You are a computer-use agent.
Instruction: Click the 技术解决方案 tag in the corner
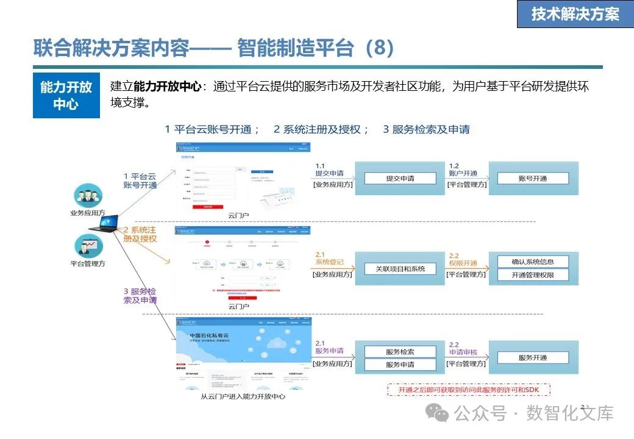click(575, 15)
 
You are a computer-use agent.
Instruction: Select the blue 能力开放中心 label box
click(66, 96)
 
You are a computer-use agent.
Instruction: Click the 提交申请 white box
click(401, 179)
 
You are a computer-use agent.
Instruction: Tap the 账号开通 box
click(533, 179)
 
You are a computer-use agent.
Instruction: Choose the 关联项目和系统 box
click(401, 268)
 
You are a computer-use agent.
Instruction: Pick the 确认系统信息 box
click(533, 262)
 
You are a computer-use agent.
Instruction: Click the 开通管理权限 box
click(533, 275)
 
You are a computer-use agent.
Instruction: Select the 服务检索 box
click(401, 352)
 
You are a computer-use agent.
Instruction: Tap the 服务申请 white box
click(401, 365)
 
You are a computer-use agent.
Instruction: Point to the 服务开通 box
click(533, 358)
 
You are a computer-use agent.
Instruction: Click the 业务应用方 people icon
click(88, 196)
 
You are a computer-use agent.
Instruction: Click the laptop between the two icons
click(103, 226)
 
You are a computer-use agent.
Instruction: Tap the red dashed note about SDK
click(468, 390)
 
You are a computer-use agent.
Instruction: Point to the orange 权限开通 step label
click(463, 259)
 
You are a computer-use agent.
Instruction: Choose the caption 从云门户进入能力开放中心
click(243, 396)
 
